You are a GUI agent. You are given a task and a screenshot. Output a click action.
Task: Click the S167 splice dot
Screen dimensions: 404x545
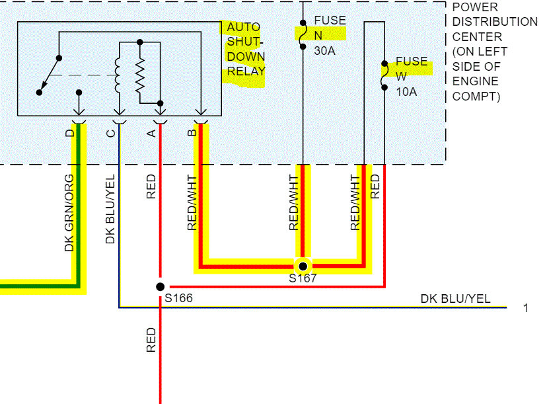(303, 266)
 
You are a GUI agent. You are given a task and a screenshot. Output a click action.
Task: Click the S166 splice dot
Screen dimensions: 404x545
(160, 286)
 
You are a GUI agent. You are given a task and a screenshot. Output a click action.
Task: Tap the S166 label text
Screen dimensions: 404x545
(178, 299)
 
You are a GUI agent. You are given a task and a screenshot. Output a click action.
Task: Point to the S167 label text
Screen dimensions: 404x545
(303, 279)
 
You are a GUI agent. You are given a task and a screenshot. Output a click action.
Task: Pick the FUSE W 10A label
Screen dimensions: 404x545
(411, 77)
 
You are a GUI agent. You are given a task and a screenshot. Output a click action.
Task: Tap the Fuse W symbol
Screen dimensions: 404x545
(384, 75)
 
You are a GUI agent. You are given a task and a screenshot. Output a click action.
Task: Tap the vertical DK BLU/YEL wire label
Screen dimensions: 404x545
(110, 209)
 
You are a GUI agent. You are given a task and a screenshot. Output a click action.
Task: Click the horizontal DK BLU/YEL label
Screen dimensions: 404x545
(455, 299)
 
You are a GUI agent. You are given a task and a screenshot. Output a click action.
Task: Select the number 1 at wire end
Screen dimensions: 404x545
(526, 308)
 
